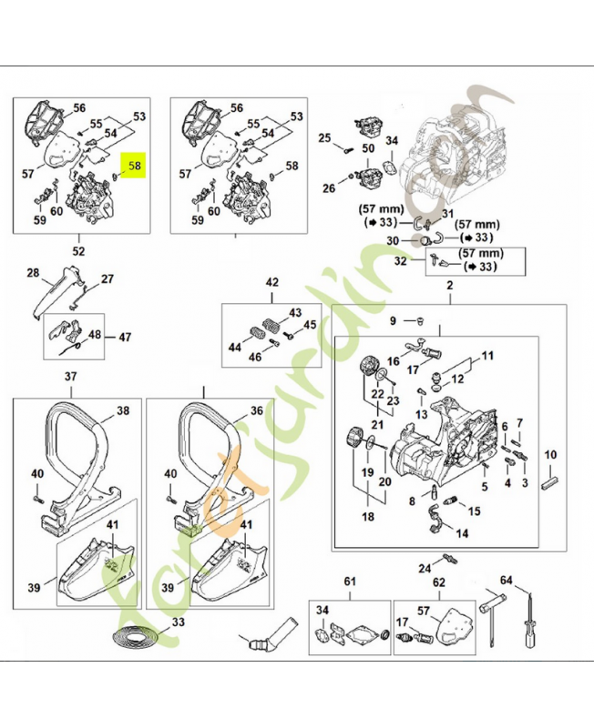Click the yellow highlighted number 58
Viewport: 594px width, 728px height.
[136, 166]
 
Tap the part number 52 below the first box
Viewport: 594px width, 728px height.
[78, 250]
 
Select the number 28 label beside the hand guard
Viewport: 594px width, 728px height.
[33, 272]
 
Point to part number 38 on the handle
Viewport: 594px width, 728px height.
[123, 410]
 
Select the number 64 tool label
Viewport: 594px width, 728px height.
[507, 580]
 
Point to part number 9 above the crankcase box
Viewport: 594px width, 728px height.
[394, 320]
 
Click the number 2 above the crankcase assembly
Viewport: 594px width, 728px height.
[449, 287]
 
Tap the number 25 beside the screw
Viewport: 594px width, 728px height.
[323, 137]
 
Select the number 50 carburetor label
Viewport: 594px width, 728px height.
[368, 147]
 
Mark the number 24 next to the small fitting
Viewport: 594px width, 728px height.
[424, 569]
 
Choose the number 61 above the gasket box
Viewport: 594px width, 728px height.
[349, 581]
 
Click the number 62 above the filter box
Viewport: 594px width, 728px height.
[438, 581]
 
